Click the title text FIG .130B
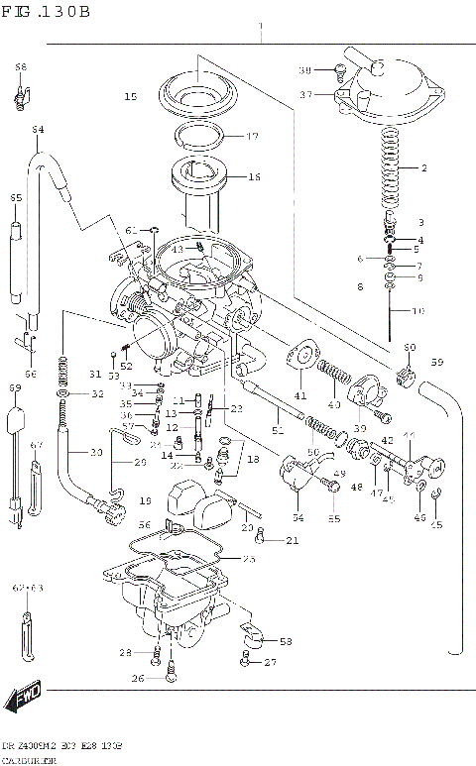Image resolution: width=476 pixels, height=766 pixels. coord(47,12)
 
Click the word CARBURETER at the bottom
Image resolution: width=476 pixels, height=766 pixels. coord(31,758)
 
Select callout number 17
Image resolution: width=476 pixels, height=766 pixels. coord(252,136)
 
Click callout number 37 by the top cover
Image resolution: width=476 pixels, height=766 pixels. coord(306,94)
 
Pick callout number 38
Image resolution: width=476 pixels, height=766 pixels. coord(305,69)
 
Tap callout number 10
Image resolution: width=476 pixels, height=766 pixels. coord(417,311)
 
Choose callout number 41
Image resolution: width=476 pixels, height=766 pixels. coord(299,395)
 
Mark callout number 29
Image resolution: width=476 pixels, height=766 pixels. coord(140,462)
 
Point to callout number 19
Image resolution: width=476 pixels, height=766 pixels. coord(146,501)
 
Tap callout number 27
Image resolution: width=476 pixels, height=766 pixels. coord(270,661)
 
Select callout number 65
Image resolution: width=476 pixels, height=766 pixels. coord(16,198)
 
